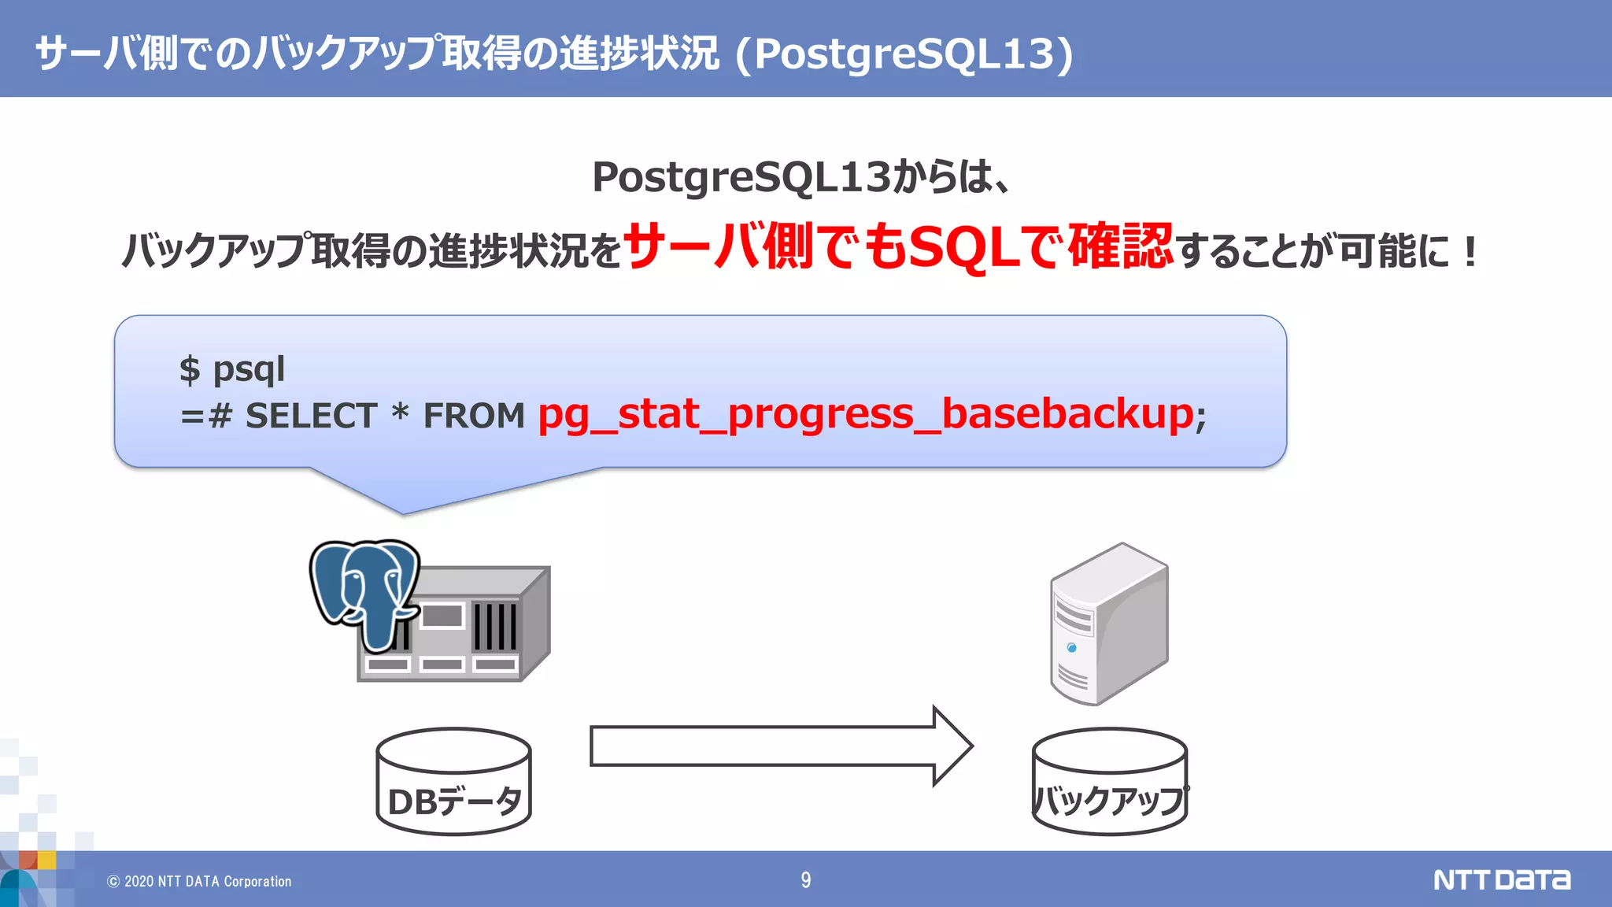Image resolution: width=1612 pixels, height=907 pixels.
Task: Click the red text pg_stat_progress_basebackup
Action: click(x=865, y=415)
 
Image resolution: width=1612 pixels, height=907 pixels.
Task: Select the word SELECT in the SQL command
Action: click(x=311, y=416)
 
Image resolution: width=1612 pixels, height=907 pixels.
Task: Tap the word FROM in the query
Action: click(x=474, y=416)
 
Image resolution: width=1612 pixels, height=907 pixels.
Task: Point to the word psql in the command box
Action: click(x=249, y=369)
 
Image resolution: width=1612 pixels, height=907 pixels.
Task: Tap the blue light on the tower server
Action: click(x=1071, y=647)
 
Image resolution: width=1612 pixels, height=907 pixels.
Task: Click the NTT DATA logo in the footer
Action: click(x=1501, y=879)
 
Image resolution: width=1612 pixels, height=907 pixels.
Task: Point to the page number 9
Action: click(x=805, y=879)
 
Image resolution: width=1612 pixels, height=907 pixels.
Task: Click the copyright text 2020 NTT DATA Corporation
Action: click(x=200, y=881)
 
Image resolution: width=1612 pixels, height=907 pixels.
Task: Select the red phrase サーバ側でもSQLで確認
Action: click(x=897, y=247)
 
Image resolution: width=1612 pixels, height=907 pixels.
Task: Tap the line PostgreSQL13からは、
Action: click(x=801, y=176)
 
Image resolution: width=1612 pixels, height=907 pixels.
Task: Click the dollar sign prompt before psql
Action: click(x=190, y=369)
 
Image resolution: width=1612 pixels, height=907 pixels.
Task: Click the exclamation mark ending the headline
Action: click(x=1470, y=252)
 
